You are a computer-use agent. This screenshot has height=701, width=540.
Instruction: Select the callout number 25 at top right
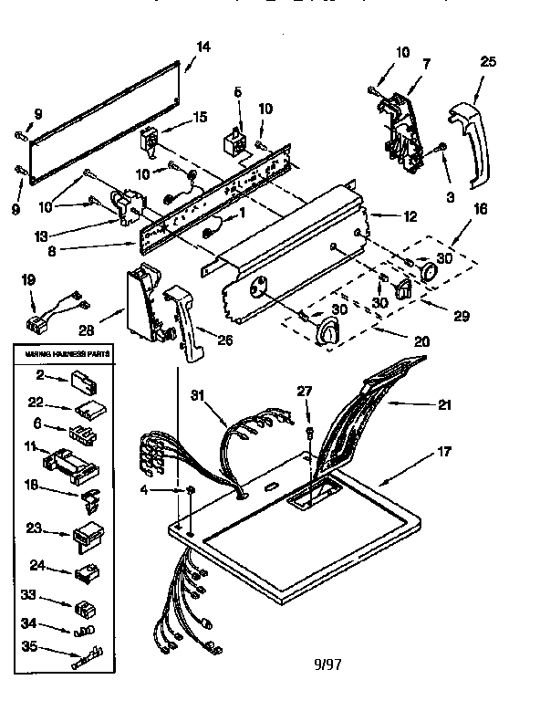pos(488,62)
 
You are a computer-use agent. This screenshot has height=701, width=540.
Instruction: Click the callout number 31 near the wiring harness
pos(198,395)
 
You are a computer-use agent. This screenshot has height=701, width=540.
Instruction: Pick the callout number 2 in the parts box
pos(40,373)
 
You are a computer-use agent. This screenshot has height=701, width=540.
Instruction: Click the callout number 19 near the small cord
pos(29,282)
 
